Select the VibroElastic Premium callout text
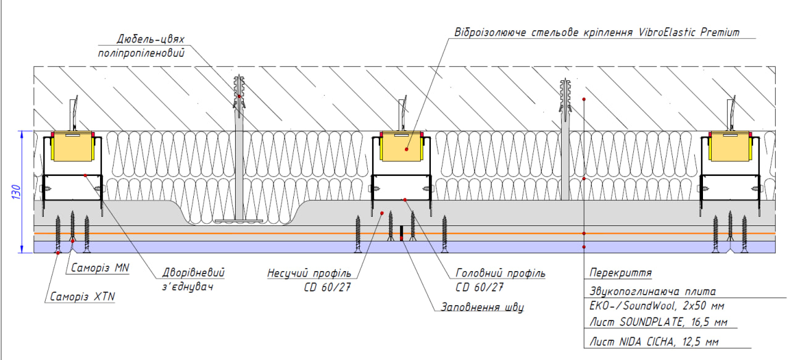(596, 33)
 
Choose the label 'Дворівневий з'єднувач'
(192, 279)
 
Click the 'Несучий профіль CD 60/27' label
(309, 280)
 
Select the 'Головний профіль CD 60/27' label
(500, 280)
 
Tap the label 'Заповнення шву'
(481, 307)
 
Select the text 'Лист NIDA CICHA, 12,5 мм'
(654, 341)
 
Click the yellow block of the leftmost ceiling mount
(72, 149)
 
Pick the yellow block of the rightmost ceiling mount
(729, 149)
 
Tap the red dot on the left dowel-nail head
(239, 96)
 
